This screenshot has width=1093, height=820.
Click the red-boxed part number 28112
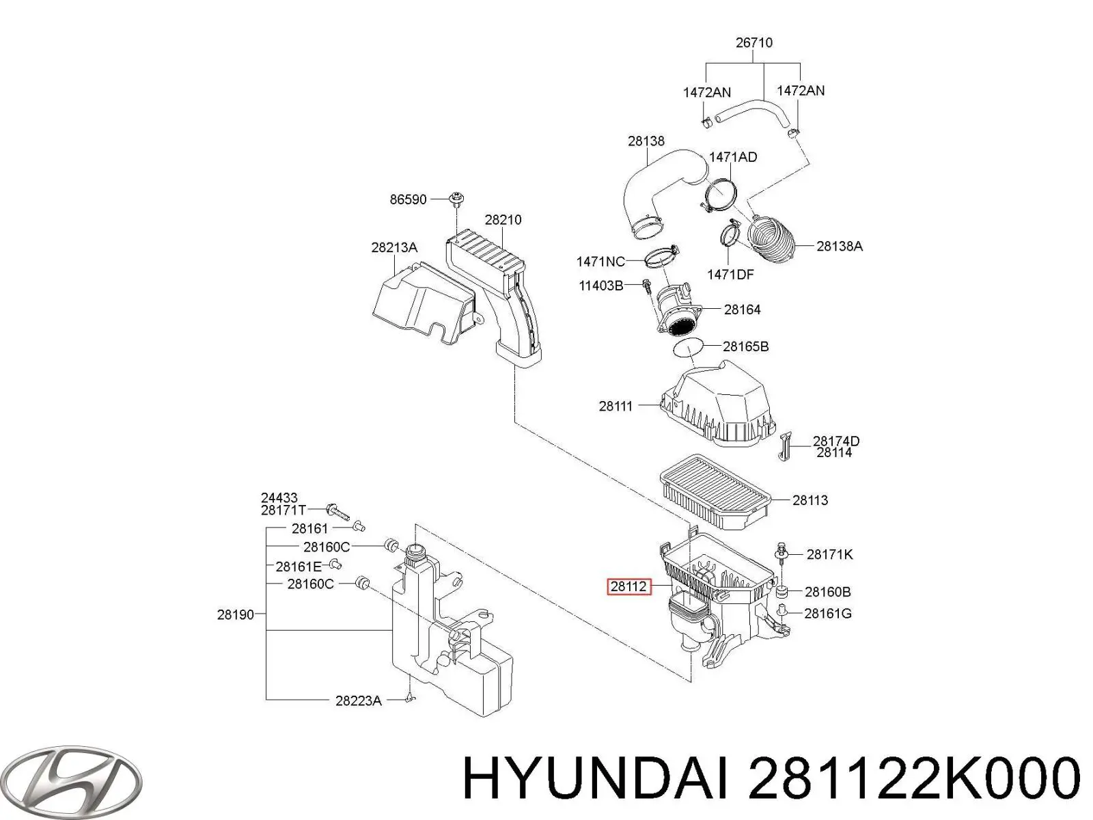click(x=628, y=586)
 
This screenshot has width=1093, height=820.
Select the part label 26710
click(x=754, y=43)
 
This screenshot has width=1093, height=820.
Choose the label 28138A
click(x=840, y=246)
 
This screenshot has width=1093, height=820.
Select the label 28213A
click(x=394, y=247)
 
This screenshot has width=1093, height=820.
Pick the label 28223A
click(x=359, y=701)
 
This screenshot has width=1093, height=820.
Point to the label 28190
click(x=236, y=615)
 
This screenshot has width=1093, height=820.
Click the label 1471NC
click(x=600, y=262)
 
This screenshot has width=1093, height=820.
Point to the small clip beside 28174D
click(x=784, y=446)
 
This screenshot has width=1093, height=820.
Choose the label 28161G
click(x=827, y=614)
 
